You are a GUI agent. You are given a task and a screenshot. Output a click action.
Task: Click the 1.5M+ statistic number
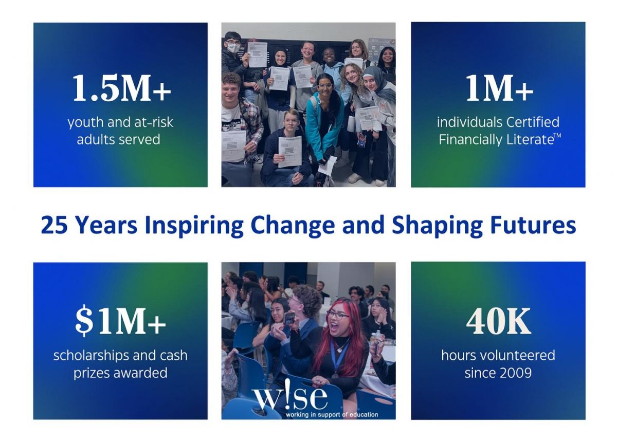[122, 88]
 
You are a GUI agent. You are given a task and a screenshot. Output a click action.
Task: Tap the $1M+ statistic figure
[120, 321]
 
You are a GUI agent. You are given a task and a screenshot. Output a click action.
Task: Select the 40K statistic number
[498, 321]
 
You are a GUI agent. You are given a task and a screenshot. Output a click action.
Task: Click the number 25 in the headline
[55, 226]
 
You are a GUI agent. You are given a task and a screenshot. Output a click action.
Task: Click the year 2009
[516, 373]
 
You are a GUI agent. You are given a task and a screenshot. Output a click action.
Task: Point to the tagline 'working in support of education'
[332, 415]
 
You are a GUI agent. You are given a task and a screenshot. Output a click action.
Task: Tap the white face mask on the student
[234, 48]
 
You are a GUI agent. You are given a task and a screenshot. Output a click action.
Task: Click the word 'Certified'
[533, 122]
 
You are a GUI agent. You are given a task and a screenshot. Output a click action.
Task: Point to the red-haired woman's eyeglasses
[337, 315]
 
